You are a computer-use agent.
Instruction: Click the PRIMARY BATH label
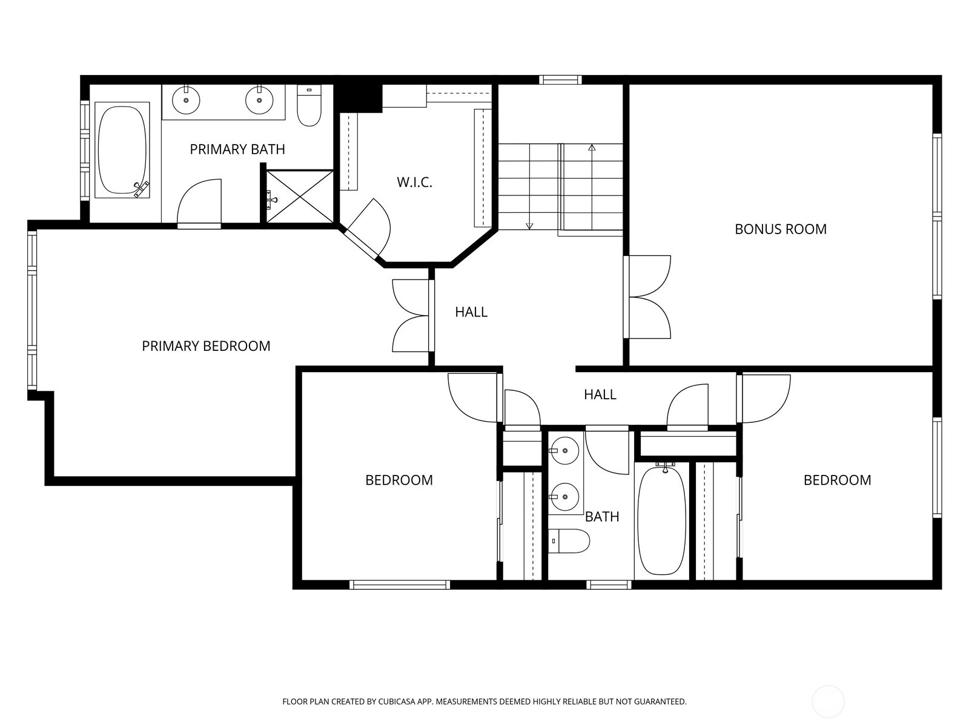(x=237, y=149)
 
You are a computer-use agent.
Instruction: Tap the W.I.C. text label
(x=414, y=182)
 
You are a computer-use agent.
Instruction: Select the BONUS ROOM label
(x=780, y=229)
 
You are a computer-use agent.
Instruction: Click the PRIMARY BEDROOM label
(x=206, y=345)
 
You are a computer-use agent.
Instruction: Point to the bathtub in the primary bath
(x=122, y=150)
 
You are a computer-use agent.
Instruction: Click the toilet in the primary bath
(x=309, y=106)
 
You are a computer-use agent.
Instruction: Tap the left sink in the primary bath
(x=186, y=100)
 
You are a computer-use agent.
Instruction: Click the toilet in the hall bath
(x=569, y=541)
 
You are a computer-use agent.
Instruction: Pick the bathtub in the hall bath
(x=662, y=520)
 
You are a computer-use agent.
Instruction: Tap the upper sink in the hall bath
(x=564, y=450)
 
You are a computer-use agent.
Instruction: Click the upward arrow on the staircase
(x=592, y=148)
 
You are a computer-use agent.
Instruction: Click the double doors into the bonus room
(x=648, y=297)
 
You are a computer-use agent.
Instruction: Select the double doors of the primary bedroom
(x=412, y=315)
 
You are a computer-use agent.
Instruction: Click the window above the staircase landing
(x=560, y=79)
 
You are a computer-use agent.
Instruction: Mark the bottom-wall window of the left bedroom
(x=399, y=584)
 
